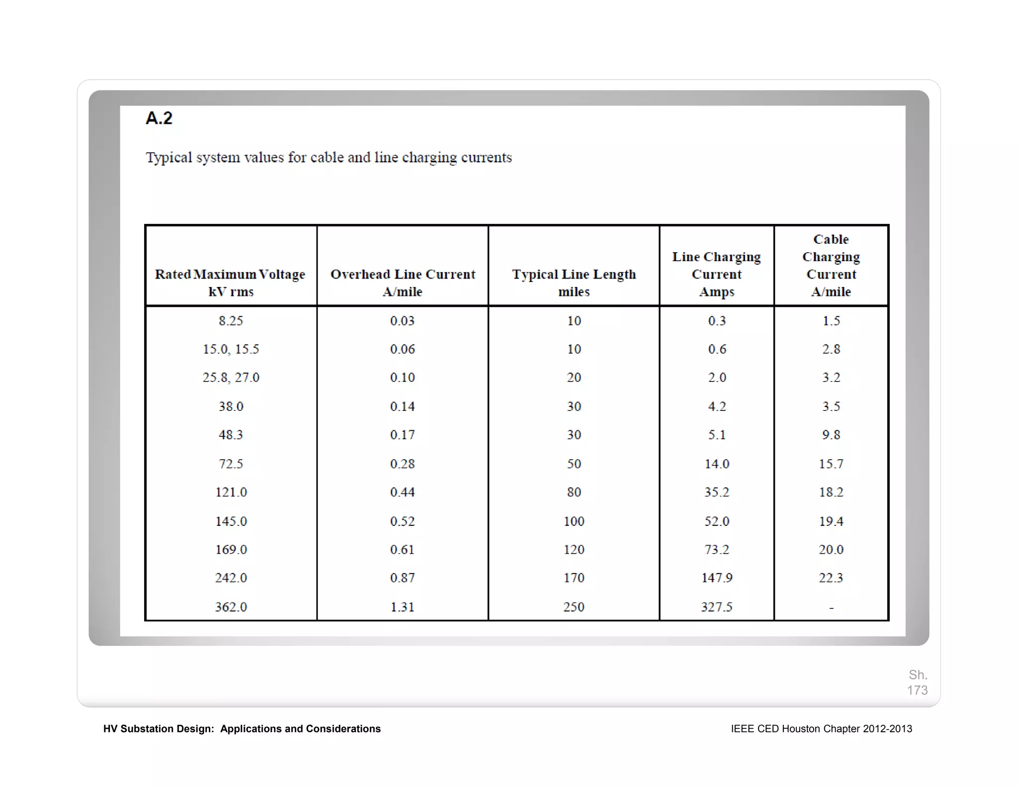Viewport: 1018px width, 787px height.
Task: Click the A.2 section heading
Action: click(159, 118)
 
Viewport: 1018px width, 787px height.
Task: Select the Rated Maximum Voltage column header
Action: click(230, 282)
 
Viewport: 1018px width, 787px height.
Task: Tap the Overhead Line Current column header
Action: click(403, 282)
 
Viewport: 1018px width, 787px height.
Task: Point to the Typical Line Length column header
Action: click(574, 282)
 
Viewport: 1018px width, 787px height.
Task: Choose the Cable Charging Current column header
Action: click(831, 265)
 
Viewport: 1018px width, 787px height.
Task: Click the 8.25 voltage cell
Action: click(231, 321)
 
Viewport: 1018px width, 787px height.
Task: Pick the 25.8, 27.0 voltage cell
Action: click(231, 378)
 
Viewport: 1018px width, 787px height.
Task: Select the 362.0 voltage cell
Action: click(231, 607)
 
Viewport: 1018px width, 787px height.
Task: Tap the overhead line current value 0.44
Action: click(402, 492)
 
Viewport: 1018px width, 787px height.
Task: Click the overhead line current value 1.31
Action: click(402, 607)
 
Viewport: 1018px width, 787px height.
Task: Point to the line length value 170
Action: click(574, 578)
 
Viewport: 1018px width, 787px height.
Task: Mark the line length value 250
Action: click(574, 607)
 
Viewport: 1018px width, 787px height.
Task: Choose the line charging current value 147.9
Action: click(717, 578)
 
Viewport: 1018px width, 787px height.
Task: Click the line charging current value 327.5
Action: click(717, 607)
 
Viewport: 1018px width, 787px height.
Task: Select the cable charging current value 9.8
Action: click(831, 435)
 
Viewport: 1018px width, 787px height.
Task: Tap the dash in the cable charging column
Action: click(831, 607)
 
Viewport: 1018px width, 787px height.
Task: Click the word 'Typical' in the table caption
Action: click(169, 158)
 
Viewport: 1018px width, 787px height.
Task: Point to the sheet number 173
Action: click(917, 690)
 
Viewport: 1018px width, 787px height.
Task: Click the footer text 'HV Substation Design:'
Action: click(159, 729)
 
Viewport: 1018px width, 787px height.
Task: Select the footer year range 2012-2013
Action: click(887, 729)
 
